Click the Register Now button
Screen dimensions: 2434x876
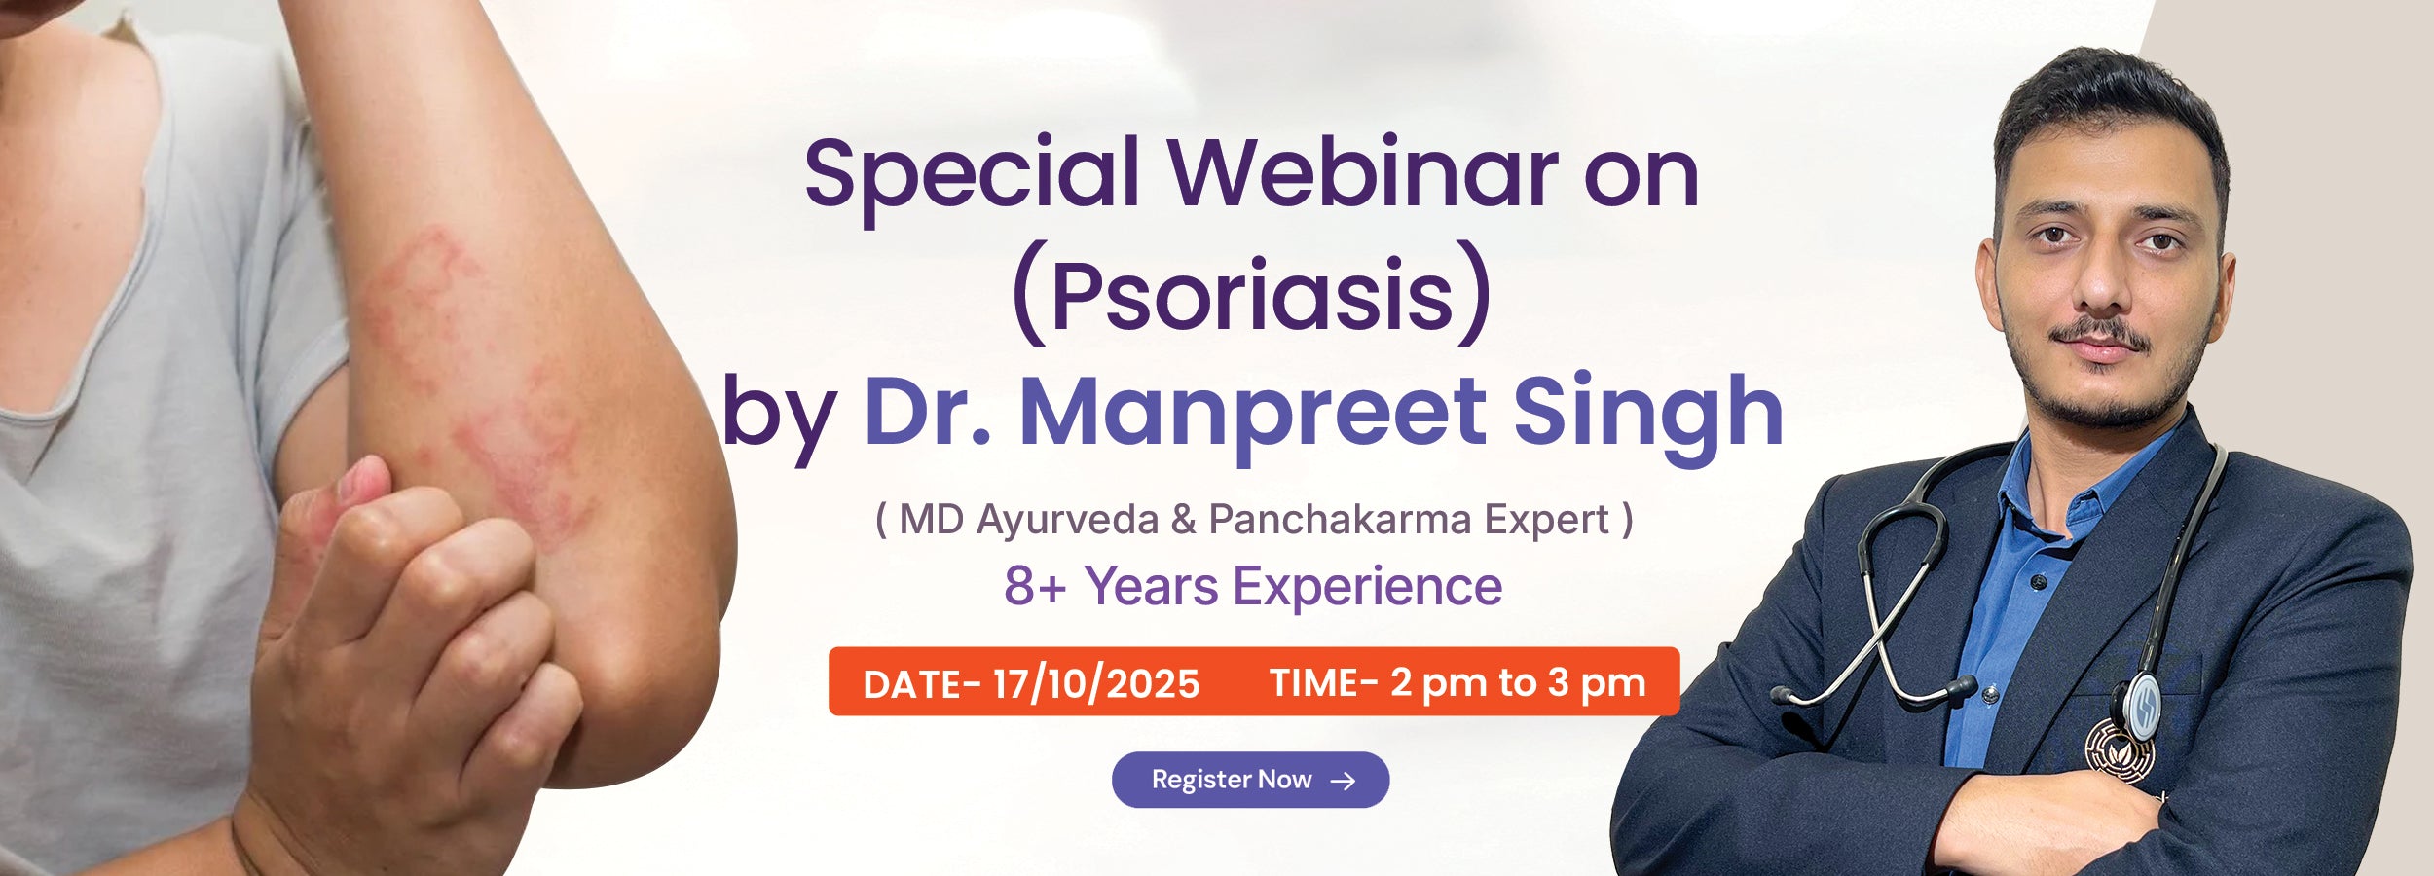(x=1250, y=780)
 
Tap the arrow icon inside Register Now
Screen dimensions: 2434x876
(x=1343, y=781)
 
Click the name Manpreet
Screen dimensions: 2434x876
(x=1252, y=413)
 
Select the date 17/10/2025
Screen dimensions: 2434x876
(x=1096, y=684)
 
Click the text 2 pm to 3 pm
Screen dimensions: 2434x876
(x=1518, y=683)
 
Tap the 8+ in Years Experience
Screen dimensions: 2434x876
(x=1035, y=586)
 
